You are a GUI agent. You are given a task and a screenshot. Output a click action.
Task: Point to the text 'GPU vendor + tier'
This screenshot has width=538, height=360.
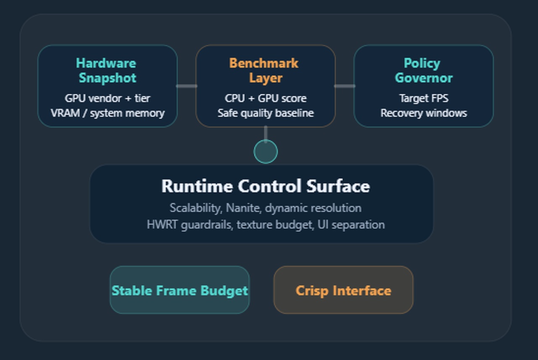coord(107,98)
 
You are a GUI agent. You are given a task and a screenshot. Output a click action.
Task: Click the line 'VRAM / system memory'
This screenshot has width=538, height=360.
coord(107,113)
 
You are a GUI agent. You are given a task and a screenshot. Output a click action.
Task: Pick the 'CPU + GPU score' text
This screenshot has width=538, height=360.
coord(265,98)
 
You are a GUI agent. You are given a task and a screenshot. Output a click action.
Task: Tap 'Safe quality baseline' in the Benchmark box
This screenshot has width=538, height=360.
coord(265,113)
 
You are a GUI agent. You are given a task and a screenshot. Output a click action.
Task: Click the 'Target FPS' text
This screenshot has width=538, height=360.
coord(423,98)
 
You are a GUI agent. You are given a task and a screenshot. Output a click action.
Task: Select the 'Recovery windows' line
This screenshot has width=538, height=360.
coord(423,113)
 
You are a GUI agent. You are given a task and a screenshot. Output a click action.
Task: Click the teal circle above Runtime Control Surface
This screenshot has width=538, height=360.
coord(266,152)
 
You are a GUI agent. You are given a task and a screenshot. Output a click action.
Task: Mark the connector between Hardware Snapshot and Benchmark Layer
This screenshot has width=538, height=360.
coord(186,86)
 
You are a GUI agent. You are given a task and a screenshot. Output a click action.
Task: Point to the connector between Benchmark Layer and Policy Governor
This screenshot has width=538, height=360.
coord(344,86)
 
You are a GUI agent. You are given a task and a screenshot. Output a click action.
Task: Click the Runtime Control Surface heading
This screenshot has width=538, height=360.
coord(265,186)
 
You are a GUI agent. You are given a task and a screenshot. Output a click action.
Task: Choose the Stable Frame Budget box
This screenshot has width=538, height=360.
coord(179,290)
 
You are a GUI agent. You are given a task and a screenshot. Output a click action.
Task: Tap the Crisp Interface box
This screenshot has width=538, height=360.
coord(343,290)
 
